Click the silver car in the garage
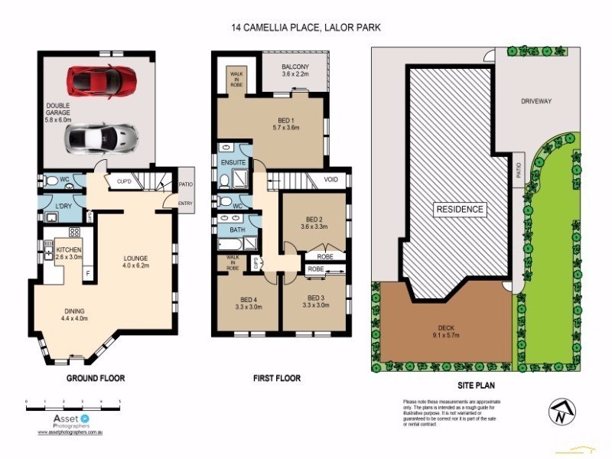[102, 137]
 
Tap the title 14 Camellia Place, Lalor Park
[306, 27]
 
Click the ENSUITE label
[233, 163]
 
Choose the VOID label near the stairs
[330, 181]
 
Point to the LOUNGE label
[135, 262]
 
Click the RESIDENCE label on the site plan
[460, 209]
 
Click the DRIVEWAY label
[536, 101]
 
